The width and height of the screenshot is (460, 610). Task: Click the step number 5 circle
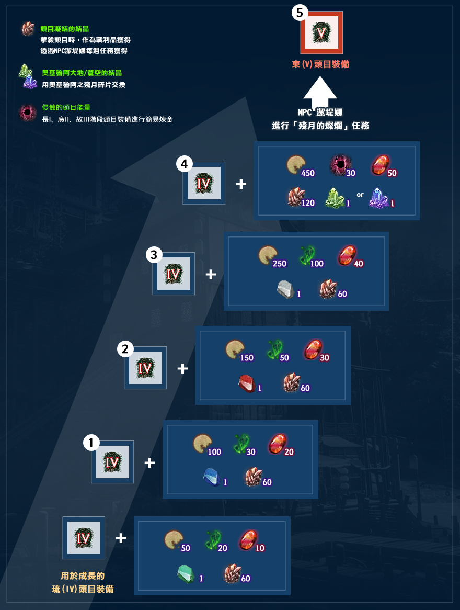300,13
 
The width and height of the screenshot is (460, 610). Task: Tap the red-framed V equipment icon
321,32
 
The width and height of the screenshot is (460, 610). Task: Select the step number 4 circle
185,164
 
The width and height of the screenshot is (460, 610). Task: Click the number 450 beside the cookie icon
308,173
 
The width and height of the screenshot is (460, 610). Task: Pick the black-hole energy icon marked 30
341,165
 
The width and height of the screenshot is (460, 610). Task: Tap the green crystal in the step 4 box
335,198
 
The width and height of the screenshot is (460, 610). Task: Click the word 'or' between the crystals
360,195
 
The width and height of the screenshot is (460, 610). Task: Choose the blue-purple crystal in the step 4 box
379,198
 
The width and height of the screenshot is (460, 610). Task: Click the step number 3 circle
154,255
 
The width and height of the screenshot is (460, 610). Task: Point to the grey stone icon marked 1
286,290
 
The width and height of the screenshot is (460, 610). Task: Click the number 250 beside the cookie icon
280,264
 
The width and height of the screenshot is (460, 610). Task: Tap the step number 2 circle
125,349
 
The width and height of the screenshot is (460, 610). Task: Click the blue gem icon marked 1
212,477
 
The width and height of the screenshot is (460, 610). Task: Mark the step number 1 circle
91,442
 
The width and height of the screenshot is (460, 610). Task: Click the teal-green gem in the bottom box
186,574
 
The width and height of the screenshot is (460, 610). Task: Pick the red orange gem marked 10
248,539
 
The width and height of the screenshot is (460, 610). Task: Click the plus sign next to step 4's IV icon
241,184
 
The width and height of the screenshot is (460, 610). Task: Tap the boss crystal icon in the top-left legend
28,29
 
